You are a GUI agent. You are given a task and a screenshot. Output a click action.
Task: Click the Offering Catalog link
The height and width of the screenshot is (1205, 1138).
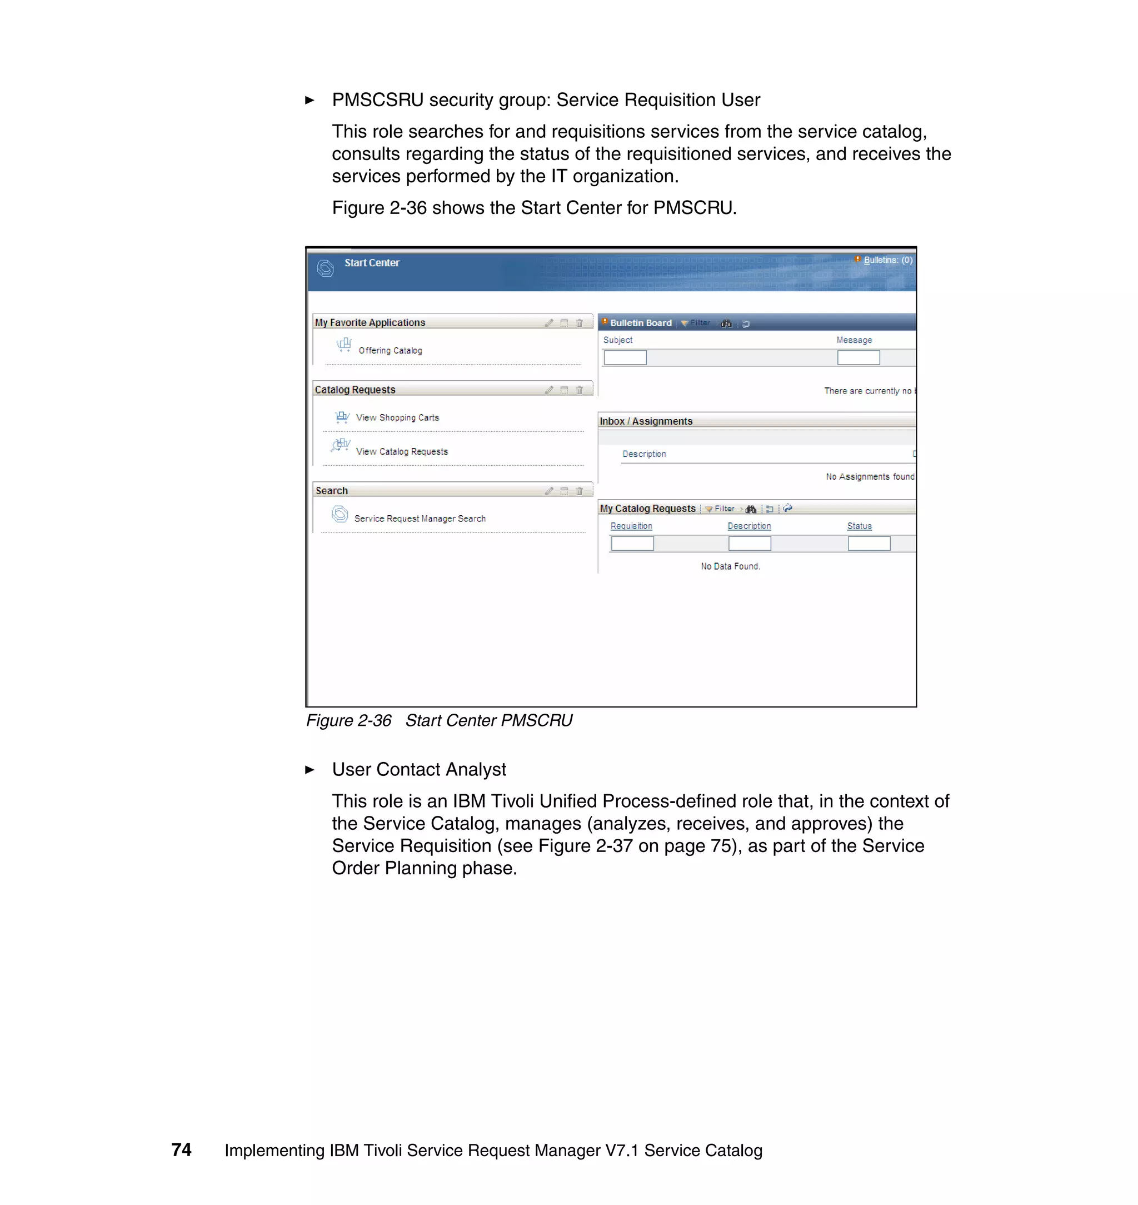(390, 351)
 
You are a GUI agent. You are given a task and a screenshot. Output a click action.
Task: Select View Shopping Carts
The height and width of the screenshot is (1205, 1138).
(397, 417)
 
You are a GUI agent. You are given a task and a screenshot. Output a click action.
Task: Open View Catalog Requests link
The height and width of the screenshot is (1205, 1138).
(402, 451)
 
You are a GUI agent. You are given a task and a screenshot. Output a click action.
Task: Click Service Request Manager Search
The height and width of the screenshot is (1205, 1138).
(420, 519)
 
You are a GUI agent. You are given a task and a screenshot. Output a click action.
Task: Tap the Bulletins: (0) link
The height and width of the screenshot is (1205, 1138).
(887, 260)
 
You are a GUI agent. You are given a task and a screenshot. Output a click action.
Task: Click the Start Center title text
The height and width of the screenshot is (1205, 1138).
(372, 263)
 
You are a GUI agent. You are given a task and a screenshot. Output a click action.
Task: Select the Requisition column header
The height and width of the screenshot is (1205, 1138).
(631, 526)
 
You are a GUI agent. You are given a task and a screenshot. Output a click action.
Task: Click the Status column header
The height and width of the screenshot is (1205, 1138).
(859, 526)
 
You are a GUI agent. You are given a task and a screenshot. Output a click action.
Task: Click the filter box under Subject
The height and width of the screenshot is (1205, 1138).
(625, 358)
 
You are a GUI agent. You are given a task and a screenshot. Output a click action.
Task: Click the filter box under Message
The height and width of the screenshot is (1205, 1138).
(859, 358)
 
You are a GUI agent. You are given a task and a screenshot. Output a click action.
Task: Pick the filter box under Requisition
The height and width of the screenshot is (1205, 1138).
(632, 544)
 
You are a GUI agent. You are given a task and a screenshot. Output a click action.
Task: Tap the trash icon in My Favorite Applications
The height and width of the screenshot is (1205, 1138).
(580, 323)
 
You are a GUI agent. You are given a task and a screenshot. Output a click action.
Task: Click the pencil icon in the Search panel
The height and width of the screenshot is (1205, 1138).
(549, 491)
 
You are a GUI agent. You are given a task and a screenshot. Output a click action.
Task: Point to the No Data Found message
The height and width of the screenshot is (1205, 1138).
(730, 566)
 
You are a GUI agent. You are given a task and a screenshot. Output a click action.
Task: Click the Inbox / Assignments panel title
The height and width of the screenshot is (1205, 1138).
(646, 421)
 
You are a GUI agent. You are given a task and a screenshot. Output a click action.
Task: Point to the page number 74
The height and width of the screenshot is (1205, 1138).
(181, 1150)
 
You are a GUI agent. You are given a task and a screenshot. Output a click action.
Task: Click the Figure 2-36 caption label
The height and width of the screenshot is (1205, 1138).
(349, 720)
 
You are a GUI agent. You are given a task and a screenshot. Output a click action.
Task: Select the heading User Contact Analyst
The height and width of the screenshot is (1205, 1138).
(418, 769)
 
